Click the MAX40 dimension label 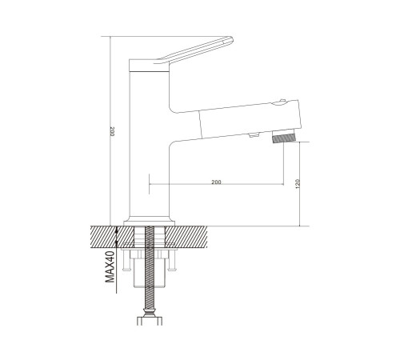point(110,266)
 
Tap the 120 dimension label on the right point(298,184)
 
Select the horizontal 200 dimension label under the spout point(216,182)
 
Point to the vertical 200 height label point(112,132)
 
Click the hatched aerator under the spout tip point(285,138)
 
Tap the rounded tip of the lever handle point(230,40)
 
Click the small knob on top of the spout point(282,102)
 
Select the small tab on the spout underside point(254,135)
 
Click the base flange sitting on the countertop point(149,223)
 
